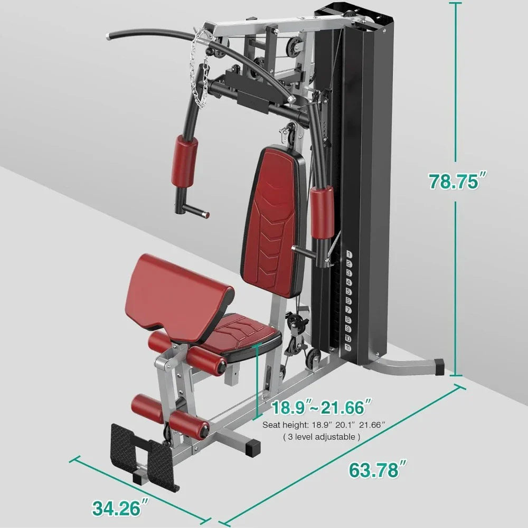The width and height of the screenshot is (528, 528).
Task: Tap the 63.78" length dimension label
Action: point(376,469)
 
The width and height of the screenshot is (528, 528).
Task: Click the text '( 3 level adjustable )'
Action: point(322,437)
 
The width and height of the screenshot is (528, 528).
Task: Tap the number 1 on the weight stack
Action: point(349,254)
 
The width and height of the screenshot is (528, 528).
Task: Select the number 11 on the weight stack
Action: point(349,347)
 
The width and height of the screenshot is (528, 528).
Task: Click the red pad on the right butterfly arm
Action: point(322,211)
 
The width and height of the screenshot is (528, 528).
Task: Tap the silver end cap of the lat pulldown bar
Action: point(110,36)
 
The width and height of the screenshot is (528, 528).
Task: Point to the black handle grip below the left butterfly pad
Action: point(192,211)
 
